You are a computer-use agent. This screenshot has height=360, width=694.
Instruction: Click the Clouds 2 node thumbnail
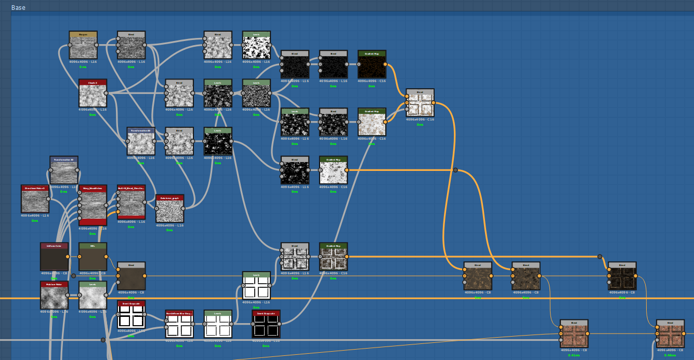93,96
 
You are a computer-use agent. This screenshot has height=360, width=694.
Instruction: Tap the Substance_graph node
169,211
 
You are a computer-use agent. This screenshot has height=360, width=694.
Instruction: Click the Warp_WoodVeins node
93,206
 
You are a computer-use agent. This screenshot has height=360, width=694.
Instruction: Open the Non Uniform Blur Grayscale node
179,326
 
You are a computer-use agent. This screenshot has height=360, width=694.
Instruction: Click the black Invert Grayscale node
266,326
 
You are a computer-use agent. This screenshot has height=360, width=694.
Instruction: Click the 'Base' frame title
18,8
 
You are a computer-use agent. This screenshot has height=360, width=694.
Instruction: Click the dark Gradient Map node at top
372,66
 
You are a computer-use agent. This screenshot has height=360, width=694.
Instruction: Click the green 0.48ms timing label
670,355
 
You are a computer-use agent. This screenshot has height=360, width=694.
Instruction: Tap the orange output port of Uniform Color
68,257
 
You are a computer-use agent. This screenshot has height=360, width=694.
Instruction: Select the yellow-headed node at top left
83,47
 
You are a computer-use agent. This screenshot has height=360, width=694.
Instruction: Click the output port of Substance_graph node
184,209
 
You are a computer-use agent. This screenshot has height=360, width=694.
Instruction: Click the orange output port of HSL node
106,257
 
